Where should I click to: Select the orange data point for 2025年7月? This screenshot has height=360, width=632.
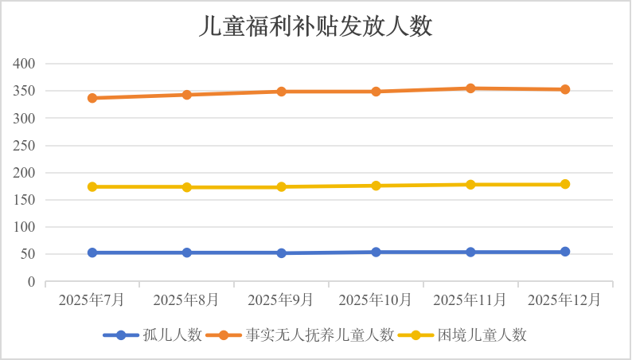tap(92, 98)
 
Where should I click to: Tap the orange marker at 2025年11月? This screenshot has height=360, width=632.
tap(470, 88)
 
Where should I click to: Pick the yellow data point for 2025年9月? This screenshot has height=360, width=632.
tap(281, 186)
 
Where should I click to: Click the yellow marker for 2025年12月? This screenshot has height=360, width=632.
tap(565, 184)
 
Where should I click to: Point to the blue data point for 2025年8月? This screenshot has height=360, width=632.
tap(187, 252)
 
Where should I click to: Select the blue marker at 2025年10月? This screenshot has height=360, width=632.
tap(376, 252)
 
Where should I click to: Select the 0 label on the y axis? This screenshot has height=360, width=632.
tap(32, 282)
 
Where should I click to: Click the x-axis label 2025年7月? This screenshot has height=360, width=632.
tap(92, 300)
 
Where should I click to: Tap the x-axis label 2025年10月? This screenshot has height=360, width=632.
tap(376, 300)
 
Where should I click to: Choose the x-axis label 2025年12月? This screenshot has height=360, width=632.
tap(565, 300)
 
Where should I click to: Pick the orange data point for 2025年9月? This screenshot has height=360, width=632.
tap(281, 92)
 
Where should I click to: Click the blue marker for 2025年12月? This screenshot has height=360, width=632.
tap(565, 252)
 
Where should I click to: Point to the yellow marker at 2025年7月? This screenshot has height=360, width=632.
tap(92, 186)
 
